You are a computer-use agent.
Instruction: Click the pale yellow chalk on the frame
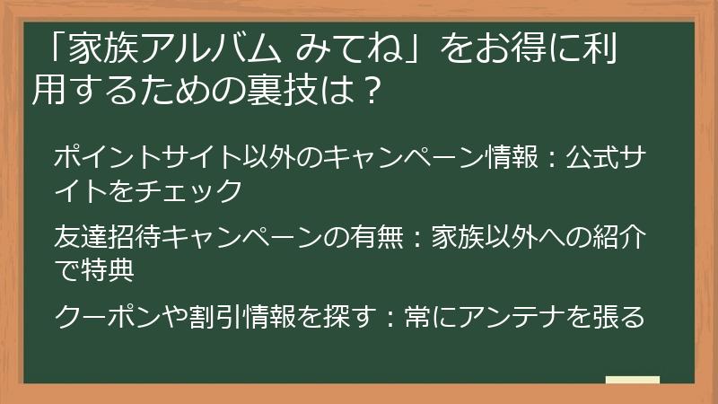pos(633,380)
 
